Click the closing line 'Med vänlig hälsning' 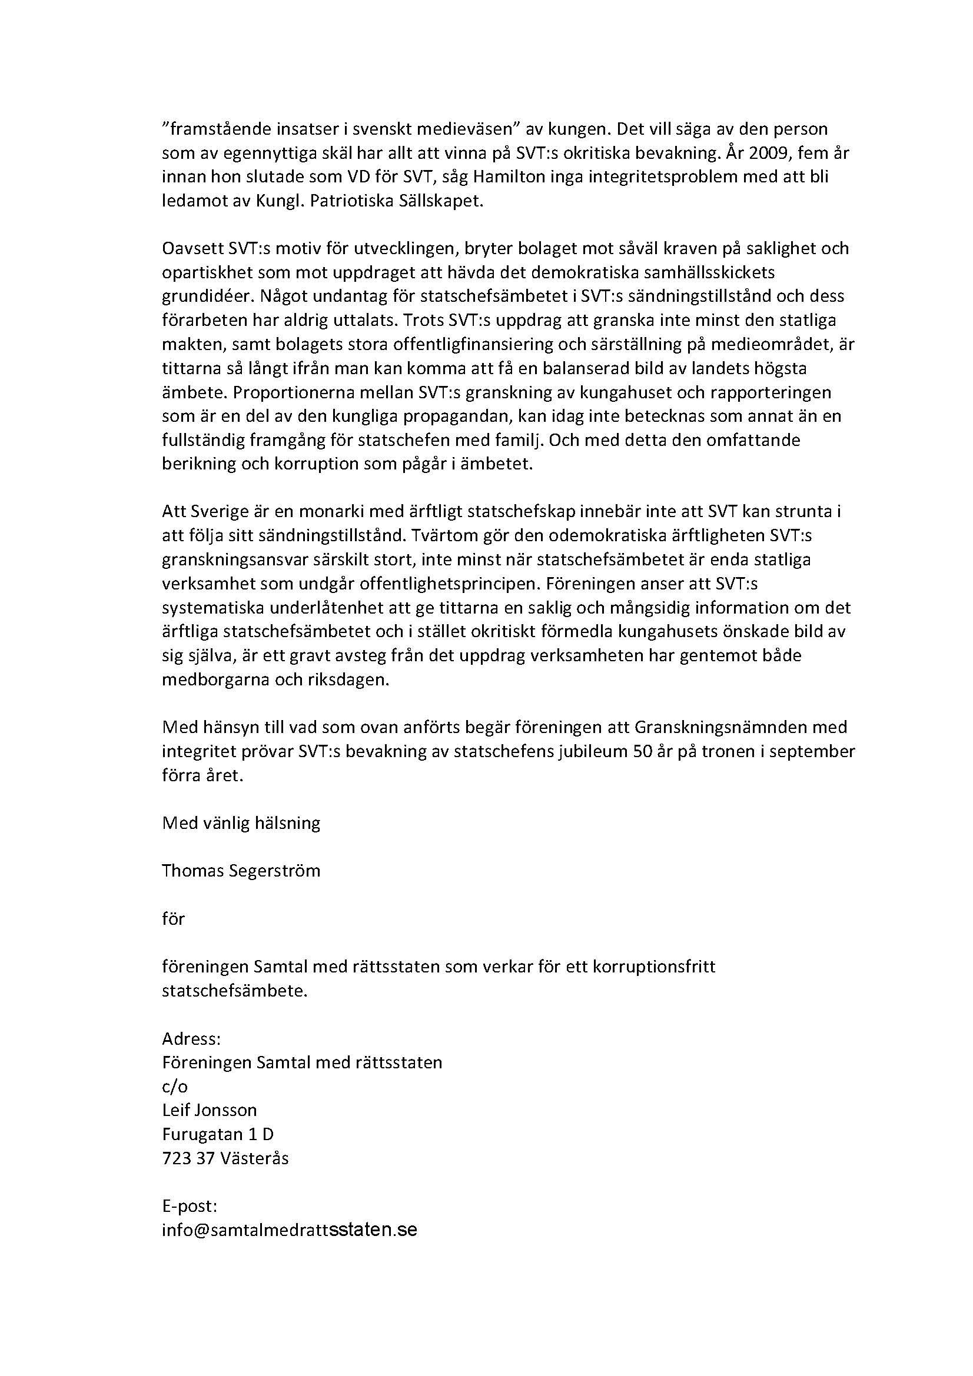click(x=241, y=823)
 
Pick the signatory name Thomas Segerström click(x=241, y=871)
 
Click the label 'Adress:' click(x=191, y=1038)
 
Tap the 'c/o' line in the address click(x=174, y=1087)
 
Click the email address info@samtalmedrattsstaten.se click(x=289, y=1230)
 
